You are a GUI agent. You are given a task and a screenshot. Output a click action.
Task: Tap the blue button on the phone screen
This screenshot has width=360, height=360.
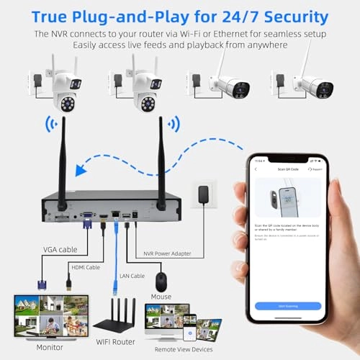click(x=287, y=305)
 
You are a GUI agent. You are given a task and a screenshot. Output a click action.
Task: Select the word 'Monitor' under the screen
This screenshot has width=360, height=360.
click(x=28, y=348)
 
